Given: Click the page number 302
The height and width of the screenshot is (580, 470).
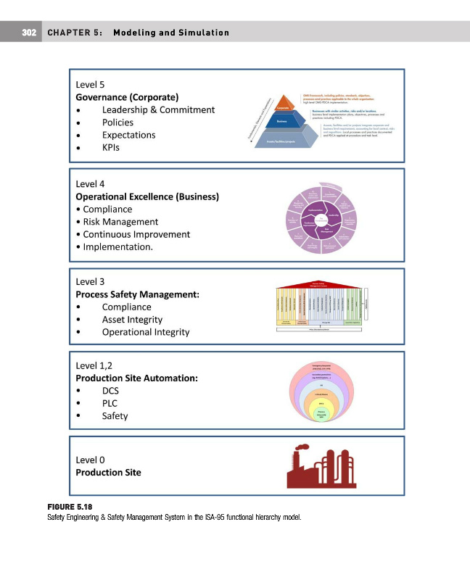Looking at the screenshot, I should (29, 33).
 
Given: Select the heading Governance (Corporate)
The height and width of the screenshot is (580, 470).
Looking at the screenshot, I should (128, 96).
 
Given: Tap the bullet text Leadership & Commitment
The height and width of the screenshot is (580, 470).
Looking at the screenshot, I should (158, 109).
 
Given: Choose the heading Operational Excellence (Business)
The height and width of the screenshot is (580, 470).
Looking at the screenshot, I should (147, 196).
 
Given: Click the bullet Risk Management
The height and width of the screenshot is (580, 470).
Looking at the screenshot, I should (120, 222).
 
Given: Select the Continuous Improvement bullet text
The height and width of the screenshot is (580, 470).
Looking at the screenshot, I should (136, 234).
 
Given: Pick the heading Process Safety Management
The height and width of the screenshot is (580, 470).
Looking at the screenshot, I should (137, 295).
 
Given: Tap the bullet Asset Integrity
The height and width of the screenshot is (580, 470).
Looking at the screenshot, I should (132, 320).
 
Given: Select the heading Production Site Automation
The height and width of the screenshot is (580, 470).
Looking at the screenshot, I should (137, 378).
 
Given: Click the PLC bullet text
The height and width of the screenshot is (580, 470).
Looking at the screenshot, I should (110, 403).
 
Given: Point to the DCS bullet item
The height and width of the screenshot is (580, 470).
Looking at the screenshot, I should (111, 390).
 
